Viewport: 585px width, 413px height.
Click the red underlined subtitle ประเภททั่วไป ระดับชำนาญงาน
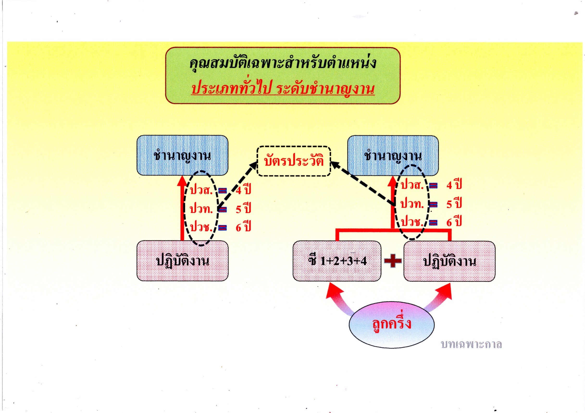(x=283, y=90)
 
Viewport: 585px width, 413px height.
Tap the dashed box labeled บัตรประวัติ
(x=294, y=161)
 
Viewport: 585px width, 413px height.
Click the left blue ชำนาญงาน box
(x=182, y=155)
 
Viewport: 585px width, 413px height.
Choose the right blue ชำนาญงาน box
(x=393, y=155)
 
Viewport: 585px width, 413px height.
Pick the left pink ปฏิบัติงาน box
(x=182, y=261)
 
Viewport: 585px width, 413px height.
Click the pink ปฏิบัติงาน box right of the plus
(x=449, y=261)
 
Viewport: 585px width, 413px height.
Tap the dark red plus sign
(x=393, y=261)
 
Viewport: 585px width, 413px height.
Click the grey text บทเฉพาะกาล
(x=471, y=345)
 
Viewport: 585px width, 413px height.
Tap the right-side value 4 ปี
(x=454, y=185)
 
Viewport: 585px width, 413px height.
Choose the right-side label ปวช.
(x=412, y=222)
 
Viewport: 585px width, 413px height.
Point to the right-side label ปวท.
(x=412, y=204)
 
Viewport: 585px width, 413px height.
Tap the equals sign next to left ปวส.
(x=222, y=191)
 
